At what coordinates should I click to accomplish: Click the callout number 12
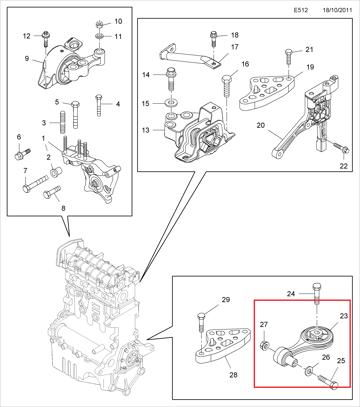[x=27, y=36]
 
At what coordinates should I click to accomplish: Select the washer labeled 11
[x=100, y=36]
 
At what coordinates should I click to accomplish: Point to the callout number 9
[x=27, y=59]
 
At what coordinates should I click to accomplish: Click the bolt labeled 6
[x=22, y=154]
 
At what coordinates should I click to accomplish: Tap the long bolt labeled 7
[x=35, y=183]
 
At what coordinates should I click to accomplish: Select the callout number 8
[x=63, y=209]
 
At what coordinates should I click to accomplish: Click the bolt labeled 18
[x=214, y=40]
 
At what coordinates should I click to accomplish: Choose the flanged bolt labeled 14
[x=170, y=81]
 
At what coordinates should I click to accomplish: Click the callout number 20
[x=261, y=125]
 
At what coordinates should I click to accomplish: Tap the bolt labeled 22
[x=340, y=148]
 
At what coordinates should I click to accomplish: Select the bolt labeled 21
[x=289, y=59]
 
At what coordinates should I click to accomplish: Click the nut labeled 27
[x=264, y=346]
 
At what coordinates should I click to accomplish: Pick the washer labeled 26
[x=307, y=369]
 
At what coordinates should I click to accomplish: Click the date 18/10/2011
[x=337, y=10]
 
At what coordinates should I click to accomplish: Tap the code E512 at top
[x=300, y=10]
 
